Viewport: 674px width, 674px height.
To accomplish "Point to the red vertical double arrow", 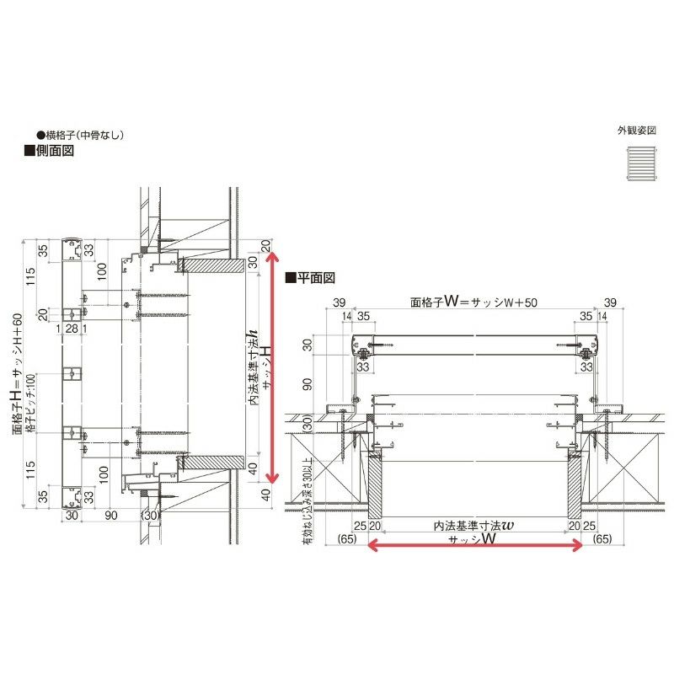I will (271, 366).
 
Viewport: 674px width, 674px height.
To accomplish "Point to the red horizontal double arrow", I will (475, 546).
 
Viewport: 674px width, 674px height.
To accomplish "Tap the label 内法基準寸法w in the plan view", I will (473, 525).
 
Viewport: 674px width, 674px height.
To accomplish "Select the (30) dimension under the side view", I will (150, 516).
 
